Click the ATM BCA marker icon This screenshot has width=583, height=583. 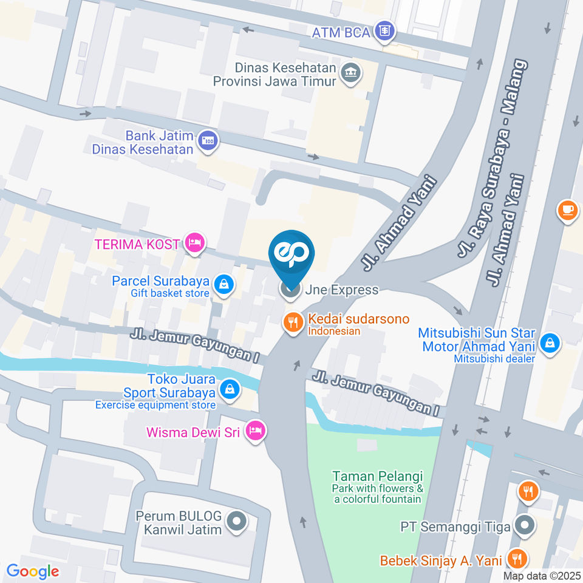[x=384, y=30]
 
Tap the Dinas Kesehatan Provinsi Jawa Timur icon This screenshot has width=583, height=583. [x=350, y=73]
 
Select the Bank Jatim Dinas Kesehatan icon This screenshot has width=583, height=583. [x=208, y=140]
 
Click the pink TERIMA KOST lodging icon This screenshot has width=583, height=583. [x=194, y=244]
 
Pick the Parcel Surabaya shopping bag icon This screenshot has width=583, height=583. [x=225, y=284]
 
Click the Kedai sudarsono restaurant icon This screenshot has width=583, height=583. [x=294, y=323]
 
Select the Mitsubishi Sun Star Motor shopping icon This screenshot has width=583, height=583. [x=550, y=343]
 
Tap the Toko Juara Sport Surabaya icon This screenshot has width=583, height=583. [x=230, y=389]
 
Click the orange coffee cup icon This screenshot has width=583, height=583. [x=567, y=210]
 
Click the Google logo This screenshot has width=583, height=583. [x=32, y=571]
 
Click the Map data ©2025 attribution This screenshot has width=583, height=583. [x=541, y=576]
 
